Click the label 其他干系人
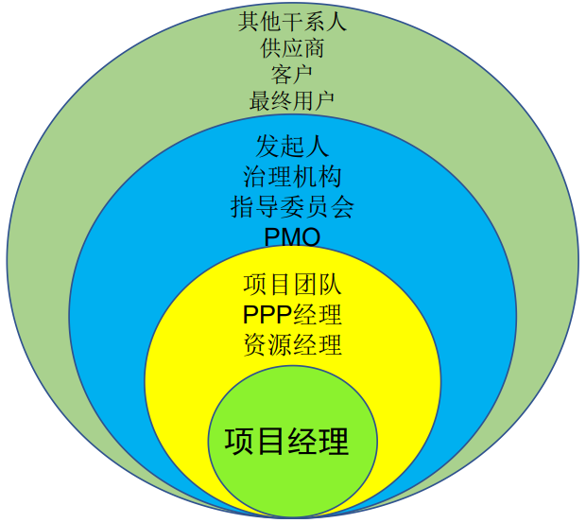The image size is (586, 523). coord(292,21)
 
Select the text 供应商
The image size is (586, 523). coord(292,46)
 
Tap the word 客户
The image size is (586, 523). coord(292,73)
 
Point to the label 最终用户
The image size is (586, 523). coord(292,99)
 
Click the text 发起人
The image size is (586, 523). coord(292,147)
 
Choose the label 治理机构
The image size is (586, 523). coord(292,176)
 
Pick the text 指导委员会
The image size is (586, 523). coord(292,205)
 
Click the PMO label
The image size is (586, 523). coord(292,235)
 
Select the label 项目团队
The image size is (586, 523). coord(292,285)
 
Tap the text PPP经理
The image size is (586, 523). coord(292,314)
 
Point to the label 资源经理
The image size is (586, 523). coord(292,344)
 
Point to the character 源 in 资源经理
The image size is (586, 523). coord(280,344)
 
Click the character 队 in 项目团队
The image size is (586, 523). coord(330,285)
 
